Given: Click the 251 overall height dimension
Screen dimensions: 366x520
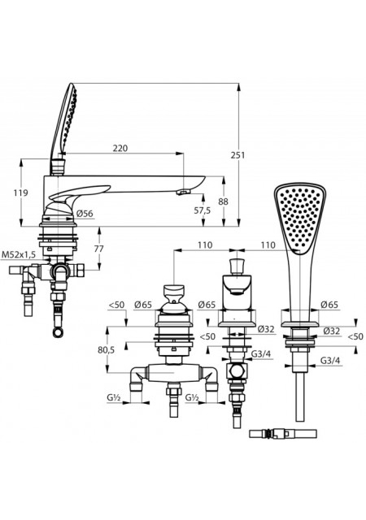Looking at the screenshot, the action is pos(237,155).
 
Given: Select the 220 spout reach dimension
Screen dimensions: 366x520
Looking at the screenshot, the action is pos(120,148).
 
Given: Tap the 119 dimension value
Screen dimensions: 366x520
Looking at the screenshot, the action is pos(20,193).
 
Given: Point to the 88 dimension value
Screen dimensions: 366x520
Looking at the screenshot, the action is pos(224,201).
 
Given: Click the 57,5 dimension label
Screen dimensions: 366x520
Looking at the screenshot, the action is pos(203,210).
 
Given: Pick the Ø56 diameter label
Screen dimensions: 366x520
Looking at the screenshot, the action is pos(85,214).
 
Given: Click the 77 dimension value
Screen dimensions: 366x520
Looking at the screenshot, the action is pos(98,249).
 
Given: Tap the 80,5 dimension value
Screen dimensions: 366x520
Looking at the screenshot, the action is pos(106,349).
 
